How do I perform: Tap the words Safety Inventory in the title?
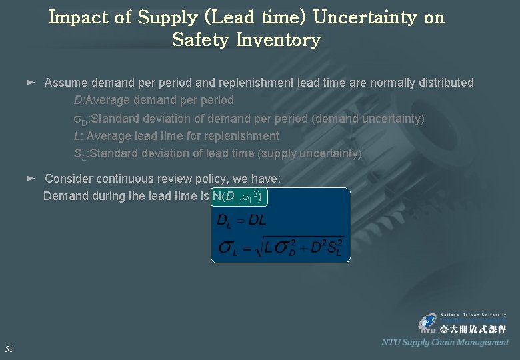coord(247,40)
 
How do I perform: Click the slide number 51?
coord(9,349)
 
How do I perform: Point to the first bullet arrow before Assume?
coord(31,83)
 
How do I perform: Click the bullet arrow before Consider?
coord(31,179)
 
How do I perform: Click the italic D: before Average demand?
coord(79,100)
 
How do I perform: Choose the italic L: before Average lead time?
coord(78,136)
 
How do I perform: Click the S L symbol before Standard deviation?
coord(80,154)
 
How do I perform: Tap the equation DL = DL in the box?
coord(241,221)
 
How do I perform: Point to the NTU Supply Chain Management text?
coord(445,342)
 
